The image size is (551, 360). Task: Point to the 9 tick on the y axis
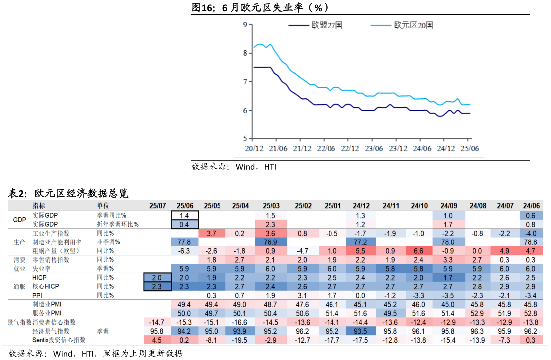coord(245,24)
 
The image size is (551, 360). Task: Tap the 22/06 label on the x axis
coord(326,148)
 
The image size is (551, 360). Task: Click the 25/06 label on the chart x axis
coord(470,148)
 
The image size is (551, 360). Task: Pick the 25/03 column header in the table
coord(271,206)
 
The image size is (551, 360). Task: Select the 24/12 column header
coord(361,206)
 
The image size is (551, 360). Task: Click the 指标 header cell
coord(39,206)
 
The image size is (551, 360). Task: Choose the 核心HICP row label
coord(45,287)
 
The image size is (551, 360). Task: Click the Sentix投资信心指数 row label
coord(59,340)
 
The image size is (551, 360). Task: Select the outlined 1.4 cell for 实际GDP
coord(185,216)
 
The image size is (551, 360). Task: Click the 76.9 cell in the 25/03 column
coord(271,242)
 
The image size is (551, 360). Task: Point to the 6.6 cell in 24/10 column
coord(419,251)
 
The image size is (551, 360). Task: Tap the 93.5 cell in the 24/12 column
coord(361,331)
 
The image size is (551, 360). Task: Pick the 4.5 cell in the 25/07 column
coord(157,340)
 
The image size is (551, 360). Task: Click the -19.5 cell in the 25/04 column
coord(241,340)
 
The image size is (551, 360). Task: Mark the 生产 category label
coord(20,242)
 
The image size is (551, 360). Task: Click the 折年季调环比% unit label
coord(117,225)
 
